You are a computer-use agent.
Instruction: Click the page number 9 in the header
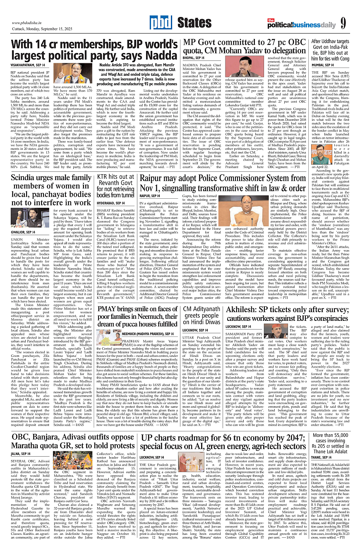[343, 22]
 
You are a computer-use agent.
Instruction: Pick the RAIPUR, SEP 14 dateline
[150, 196]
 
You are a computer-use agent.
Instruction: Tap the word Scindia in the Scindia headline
[28, 178]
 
